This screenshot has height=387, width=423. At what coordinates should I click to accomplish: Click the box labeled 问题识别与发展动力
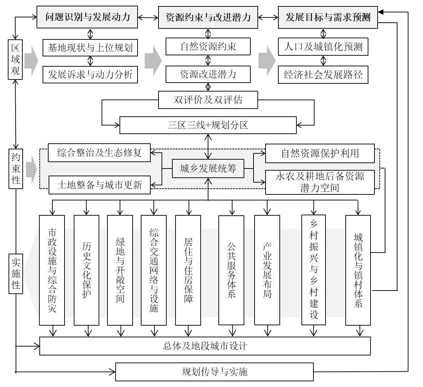[87, 17]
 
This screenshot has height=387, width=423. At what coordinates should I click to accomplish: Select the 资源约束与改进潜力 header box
[208, 17]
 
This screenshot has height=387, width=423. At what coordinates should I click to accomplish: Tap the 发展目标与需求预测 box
[328, 17]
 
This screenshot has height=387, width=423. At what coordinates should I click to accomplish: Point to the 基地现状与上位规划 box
[90, 47]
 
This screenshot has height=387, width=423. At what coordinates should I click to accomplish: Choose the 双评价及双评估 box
[208, 100]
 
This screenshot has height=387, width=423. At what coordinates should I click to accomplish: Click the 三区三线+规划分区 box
[208, 125]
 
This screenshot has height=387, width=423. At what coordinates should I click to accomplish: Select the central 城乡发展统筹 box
[208, 168]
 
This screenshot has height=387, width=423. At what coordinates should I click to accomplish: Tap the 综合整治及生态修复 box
[99, 153]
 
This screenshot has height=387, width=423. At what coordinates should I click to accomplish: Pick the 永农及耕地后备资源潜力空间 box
[319, 182]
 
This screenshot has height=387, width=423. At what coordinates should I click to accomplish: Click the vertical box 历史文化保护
[87, 270]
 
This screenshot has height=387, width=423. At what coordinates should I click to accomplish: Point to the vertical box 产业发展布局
[267, 270]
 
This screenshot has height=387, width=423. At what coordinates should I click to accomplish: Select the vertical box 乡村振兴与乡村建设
[313, 270]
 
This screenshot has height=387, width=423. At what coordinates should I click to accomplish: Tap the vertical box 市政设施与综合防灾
[52, 270]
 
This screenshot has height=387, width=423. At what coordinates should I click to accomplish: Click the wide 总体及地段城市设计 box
[205, 346]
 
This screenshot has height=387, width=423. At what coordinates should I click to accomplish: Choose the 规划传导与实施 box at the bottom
[215, 372]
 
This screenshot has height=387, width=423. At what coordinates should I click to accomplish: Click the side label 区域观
[15, 60]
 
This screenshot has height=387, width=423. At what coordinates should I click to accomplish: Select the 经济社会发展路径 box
[323, 75]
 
